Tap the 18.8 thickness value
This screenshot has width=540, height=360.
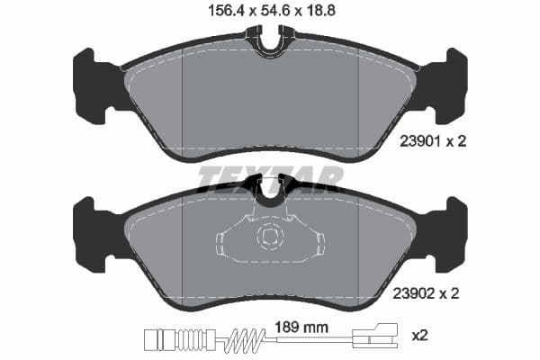pos(322,12)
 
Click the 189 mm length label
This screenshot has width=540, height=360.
pos(297,328)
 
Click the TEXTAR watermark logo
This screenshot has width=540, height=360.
pos(270,178)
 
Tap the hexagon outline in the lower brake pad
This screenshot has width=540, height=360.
pos(269,238)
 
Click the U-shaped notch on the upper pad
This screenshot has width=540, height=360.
pos(269,41)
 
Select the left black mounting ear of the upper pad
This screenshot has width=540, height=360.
pos(92,85)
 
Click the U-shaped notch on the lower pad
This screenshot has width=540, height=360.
pos(269,190)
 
